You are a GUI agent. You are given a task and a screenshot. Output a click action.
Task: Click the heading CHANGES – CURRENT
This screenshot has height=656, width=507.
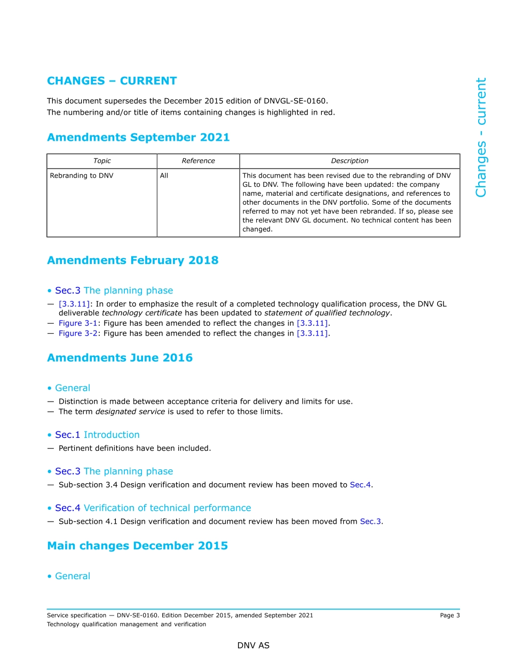112,81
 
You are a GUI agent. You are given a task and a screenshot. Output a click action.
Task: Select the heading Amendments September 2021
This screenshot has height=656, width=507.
138,138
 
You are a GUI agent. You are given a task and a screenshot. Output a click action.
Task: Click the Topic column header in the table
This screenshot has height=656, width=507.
102,161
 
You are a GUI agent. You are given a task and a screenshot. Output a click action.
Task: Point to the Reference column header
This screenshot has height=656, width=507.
198,161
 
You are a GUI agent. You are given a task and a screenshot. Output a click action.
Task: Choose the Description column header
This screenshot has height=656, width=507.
350,161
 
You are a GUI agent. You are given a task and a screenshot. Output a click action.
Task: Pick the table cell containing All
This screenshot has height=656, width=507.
164,175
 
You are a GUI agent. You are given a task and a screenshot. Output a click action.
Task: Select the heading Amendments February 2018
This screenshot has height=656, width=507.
132,261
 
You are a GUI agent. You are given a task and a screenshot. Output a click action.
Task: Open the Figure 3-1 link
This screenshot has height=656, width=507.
77,323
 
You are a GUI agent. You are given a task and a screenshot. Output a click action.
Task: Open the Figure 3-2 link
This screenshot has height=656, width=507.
77,333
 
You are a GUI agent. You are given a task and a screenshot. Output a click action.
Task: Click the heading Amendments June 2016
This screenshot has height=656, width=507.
120,358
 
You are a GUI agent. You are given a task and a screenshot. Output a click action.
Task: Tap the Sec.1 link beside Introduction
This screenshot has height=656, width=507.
67,435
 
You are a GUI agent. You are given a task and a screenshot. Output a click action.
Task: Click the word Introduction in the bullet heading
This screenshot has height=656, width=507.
112,435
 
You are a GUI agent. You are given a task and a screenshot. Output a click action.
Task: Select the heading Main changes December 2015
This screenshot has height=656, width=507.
137,546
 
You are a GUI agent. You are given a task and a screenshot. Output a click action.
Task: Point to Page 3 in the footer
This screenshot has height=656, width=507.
449,615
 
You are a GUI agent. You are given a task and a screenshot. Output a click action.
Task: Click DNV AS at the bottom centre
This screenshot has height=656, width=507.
253,645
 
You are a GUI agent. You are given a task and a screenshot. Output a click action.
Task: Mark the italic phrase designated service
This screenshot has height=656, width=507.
126,412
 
